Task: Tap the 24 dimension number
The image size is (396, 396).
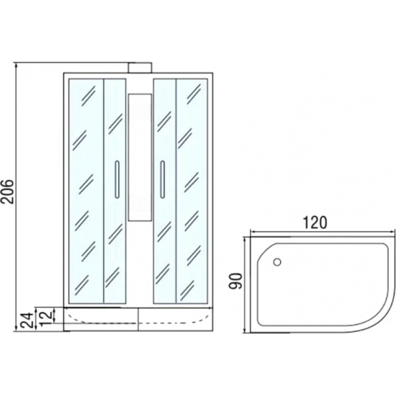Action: (x=27, y=320)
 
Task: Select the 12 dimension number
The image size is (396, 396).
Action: (x=47, y=316)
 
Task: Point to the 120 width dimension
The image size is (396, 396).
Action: (x=315, y=222)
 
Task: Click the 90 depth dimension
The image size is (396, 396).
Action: (x=235, y=281)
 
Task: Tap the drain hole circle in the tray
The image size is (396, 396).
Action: (x=277, y=262)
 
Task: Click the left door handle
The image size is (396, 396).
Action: (x=117, y=179)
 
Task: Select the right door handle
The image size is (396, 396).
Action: (x=163, y=179)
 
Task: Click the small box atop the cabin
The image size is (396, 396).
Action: (x=140, y=68)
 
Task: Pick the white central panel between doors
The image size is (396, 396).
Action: (x=140, y=158)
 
